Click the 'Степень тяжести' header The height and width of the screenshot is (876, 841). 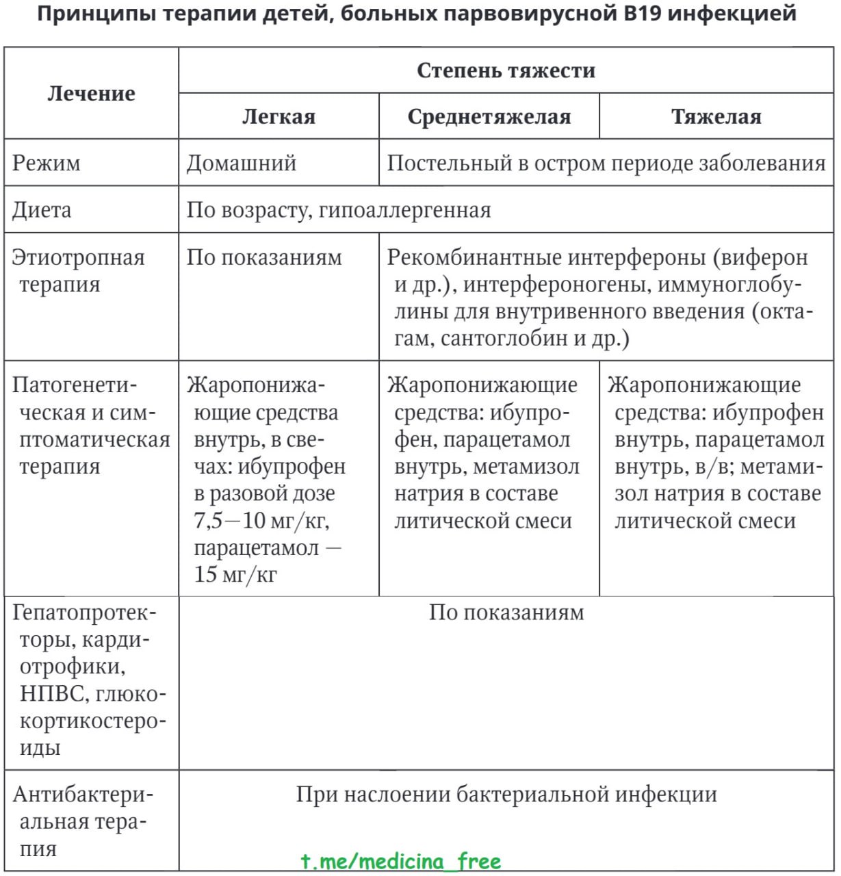click(506, 70)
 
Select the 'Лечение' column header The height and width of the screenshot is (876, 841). click(91, 94)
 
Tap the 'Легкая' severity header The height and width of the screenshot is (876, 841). click(279, 116)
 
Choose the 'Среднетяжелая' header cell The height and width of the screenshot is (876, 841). click(489, 116)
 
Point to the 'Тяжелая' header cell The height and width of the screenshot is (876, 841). click(716, 116)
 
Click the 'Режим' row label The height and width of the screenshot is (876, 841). click(46, 163)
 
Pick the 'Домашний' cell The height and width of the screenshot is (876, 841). click(242, 163)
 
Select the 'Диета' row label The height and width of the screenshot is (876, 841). click(41, 209)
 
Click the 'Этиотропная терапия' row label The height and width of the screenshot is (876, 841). click(78, 270)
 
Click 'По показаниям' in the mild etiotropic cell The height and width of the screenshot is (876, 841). click(264, 257)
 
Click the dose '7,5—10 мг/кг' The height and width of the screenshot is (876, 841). click(261, 520)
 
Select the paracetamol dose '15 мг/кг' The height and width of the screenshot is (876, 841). click(235, 574)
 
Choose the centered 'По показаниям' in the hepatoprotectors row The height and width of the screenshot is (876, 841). click(506, 612)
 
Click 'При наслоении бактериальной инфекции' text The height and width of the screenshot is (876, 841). click(506, 795)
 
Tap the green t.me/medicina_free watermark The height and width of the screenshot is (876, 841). click(401, 861)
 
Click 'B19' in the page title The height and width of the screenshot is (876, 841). click(643, 12)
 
